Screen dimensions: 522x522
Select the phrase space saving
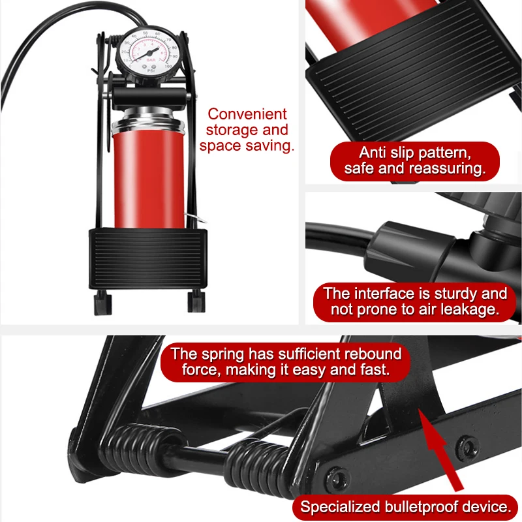pyautogui.click(x=247, y=146)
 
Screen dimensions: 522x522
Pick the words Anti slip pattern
pyautogui.click(x=415, y=153)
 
